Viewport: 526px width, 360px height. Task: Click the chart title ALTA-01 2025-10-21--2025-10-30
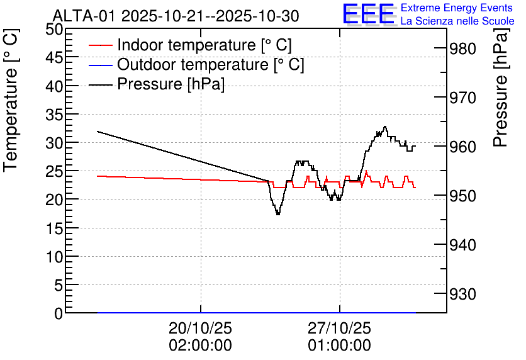176,16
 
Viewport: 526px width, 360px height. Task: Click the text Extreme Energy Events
457,8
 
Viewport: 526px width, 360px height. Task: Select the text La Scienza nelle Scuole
457,21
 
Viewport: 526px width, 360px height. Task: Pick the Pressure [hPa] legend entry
171,84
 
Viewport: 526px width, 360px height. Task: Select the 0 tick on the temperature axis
59,313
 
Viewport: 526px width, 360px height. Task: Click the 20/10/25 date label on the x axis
200,329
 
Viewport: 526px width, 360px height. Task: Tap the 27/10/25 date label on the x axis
339,329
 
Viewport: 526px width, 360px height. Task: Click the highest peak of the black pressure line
385,127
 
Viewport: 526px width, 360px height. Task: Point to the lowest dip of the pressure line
277,214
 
